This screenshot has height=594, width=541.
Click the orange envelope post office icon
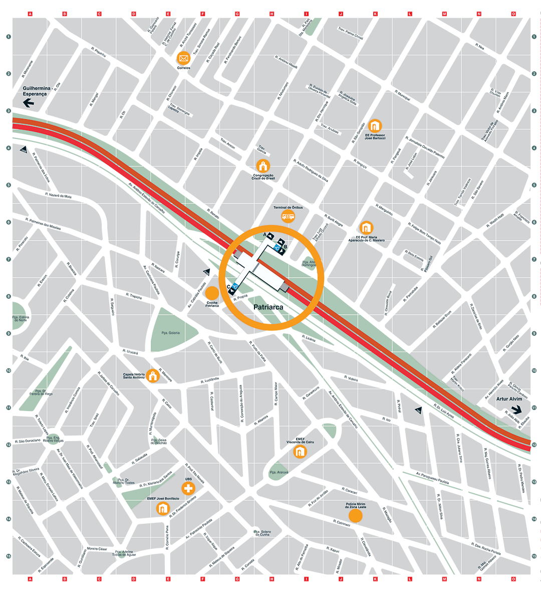[184, 58]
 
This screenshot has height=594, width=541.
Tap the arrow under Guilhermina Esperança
[28, 104]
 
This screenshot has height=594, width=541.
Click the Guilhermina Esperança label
[36, 91]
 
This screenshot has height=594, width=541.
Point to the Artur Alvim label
[509, 399]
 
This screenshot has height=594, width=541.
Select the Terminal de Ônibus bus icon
[288, 217]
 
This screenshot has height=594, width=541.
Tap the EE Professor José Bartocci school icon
[375, 126]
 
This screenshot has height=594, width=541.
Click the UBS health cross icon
[188, 488]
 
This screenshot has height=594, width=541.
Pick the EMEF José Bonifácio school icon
[163, 509]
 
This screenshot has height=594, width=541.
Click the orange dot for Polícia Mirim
[356, 516]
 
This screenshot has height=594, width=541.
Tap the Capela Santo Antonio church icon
[153, 375]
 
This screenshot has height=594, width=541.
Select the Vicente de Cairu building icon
[300, 452]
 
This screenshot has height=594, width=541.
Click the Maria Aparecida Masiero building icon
[367, 228]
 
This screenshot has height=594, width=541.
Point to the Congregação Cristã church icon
[262, 166]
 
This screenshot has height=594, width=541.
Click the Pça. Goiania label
[170, 333]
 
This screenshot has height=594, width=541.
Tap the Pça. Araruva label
[279, 472]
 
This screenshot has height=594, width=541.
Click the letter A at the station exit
[264, 235]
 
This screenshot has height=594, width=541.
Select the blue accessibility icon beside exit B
[276, 247]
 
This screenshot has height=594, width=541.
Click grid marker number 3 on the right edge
[534, 111]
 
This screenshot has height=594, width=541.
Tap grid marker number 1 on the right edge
[534, 37]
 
